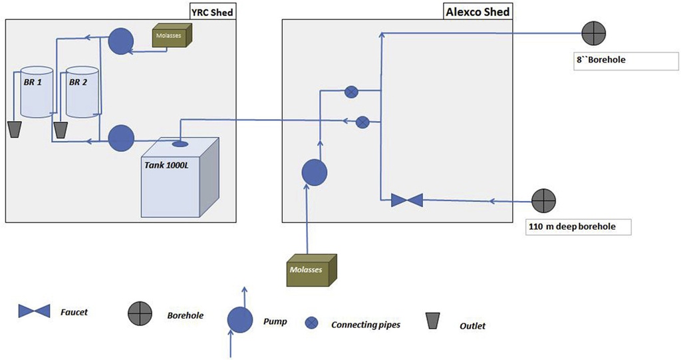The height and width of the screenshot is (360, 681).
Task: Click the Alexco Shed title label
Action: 477,11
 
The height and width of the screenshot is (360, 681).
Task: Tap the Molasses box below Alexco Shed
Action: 311,269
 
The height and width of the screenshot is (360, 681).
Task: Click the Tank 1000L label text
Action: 166,164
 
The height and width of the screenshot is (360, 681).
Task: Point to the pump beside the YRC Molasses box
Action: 120,40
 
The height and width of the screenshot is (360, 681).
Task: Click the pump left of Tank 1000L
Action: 120,138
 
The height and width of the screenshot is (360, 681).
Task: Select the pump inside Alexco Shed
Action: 315,173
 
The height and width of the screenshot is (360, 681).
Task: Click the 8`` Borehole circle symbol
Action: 592,32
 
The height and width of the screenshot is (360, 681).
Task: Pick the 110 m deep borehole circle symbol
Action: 544,199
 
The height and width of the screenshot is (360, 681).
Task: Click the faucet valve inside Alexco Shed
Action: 406,200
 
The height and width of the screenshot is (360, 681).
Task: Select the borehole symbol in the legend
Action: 139,311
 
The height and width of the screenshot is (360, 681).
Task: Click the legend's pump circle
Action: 240,320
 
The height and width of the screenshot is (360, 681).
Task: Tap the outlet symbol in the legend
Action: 434,322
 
